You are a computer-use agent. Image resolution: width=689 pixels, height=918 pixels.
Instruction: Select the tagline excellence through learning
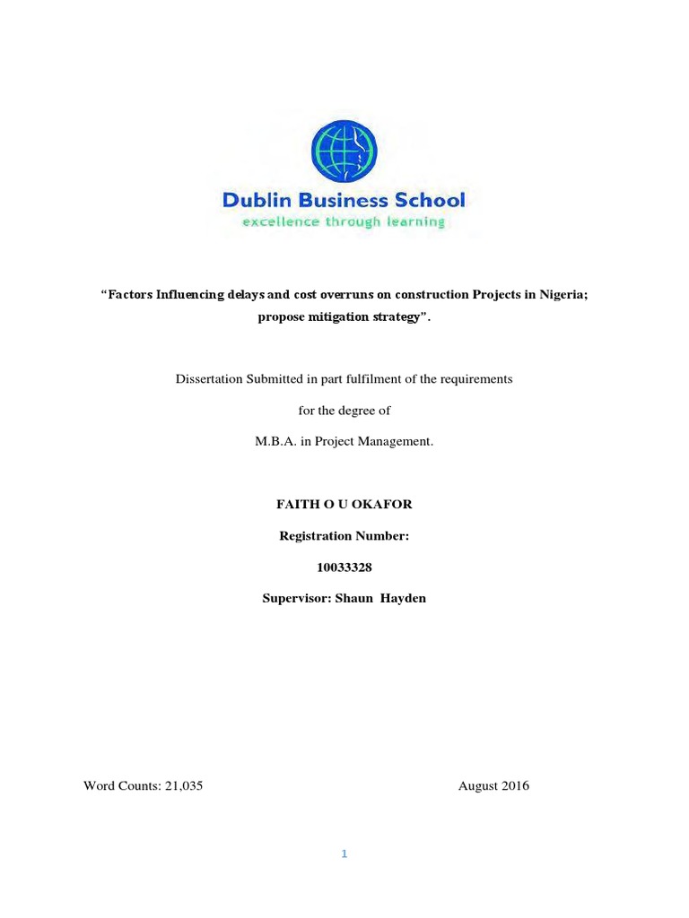click(344, 221)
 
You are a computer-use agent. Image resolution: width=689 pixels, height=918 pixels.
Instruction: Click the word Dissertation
click(210, 379)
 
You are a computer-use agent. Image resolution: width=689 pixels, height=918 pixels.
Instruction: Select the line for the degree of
click(344, 411)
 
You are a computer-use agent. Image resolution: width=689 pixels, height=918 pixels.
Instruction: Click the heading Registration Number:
click(344, 536)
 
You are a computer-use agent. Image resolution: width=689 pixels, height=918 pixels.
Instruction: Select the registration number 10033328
click(344, 567)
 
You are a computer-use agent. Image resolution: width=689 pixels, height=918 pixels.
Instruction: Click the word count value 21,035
click(189, 786)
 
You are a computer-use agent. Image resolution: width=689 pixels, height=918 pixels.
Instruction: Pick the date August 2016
click(493, 786)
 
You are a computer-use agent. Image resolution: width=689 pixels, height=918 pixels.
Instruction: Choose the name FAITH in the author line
click(295, 505)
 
